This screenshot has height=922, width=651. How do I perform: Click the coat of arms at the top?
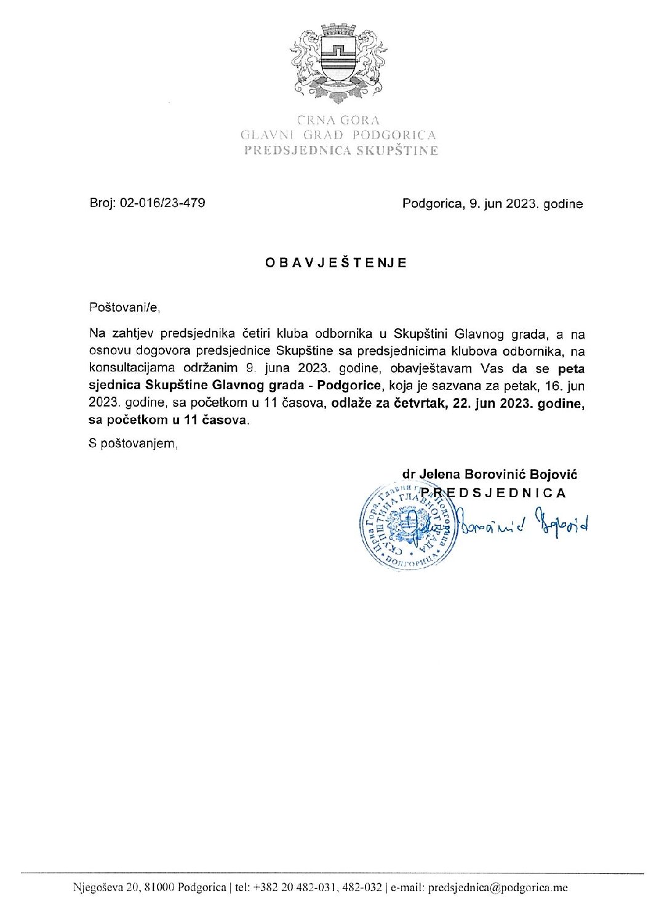pyautogui.click(x=338, y=63)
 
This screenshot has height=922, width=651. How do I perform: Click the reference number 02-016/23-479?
pyautogui.click(x=162, y=203)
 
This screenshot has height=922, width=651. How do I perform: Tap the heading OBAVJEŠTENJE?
pyautogui.click(x=336, y=263)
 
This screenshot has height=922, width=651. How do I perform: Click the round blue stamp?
pyautogui.click(x=407, y=525)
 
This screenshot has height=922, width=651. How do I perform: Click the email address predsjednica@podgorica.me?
pyautogui.click(x=497, y=888)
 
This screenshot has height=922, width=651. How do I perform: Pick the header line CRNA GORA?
pyautogui.click(x=338, y=121)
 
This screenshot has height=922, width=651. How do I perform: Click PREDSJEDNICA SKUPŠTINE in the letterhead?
pyautogui.click(x=341, y=150)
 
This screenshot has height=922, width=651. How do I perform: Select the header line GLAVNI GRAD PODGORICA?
pyautogui.click(x=338, y=135)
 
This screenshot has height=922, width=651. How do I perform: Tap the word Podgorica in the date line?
pyautogui.click(x=430, y=204)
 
